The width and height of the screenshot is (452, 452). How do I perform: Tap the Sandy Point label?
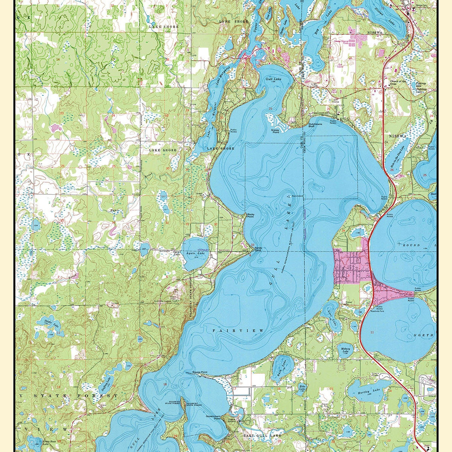258,249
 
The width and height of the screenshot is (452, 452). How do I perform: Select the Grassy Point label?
275,131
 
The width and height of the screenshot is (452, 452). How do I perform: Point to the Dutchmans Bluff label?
316,125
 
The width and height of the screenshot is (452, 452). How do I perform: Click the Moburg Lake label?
345,350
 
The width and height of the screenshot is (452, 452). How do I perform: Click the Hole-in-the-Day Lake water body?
396,156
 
